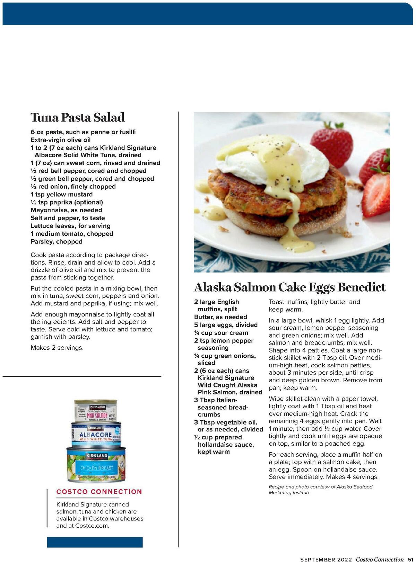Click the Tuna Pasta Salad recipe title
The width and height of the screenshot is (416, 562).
(77, 117)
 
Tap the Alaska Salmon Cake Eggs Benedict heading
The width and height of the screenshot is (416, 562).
(289, 287)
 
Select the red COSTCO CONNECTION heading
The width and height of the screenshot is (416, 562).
(99, 492)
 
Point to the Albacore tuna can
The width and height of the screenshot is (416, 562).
(96, 434)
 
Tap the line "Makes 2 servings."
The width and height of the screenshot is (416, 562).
(57, 348)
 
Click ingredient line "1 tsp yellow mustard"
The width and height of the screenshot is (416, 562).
(62, 194)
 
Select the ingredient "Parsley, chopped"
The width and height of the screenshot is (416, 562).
(57, 242)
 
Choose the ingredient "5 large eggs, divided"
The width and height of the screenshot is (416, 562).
(226, 325)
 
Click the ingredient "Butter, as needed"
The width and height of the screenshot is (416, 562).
(220, 317)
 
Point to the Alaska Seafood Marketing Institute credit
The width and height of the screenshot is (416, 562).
(320, 490)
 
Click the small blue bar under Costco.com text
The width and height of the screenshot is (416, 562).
(95, 542)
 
